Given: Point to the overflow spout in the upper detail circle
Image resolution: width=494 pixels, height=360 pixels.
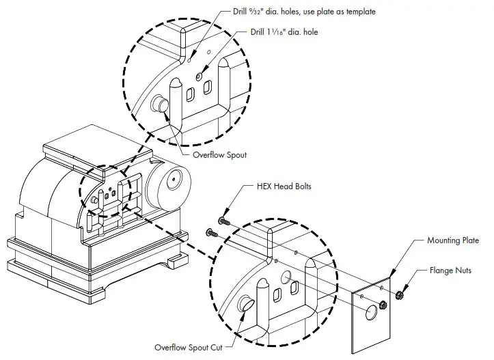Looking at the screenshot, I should pos(161,104).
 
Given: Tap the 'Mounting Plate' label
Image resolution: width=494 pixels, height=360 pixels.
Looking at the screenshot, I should pos(453,240).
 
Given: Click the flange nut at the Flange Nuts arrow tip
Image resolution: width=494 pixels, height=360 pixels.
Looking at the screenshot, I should pos(400,297).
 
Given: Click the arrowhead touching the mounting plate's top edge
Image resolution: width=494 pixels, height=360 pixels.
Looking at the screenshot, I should pos(390,275).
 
